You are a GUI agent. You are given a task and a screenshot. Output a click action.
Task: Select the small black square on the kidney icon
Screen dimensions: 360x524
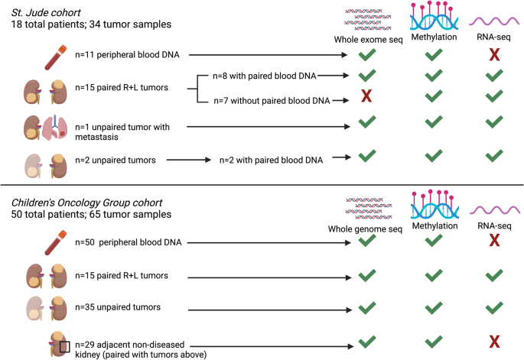pyautogui.click(x=64, y=347)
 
